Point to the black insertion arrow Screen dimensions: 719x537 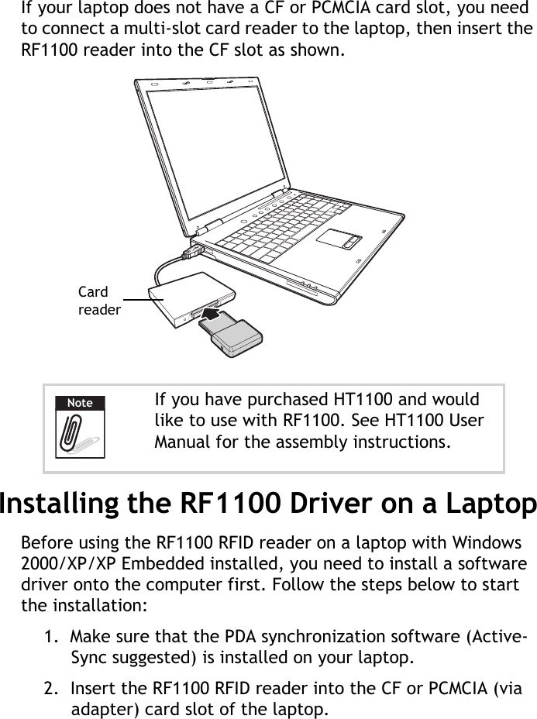(x=212, y=313)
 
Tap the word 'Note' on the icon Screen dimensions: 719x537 (x=79, y=403)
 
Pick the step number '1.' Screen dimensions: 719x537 (x=50, y=637)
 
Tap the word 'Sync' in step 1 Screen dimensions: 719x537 (x=88, y=659)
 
